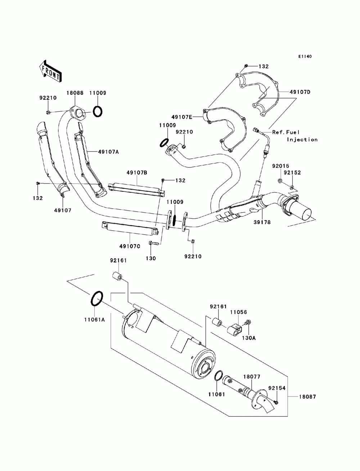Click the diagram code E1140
click(x=305, y=56)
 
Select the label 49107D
click(x=300, y=92)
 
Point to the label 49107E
click(x=181, y=117)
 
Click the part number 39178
click(x=262, y=222)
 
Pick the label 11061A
click(x=94, y=320)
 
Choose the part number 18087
click(x=308, y=397)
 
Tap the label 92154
click(x=277, y=388)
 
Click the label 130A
click(x=249, y=338)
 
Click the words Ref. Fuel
click(x=286, y=132)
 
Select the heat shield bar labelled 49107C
click(x=130, y=228)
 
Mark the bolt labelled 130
click(x=153, y=243)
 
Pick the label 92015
click(x=280, y=166)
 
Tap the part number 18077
click(x=252, y=377)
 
